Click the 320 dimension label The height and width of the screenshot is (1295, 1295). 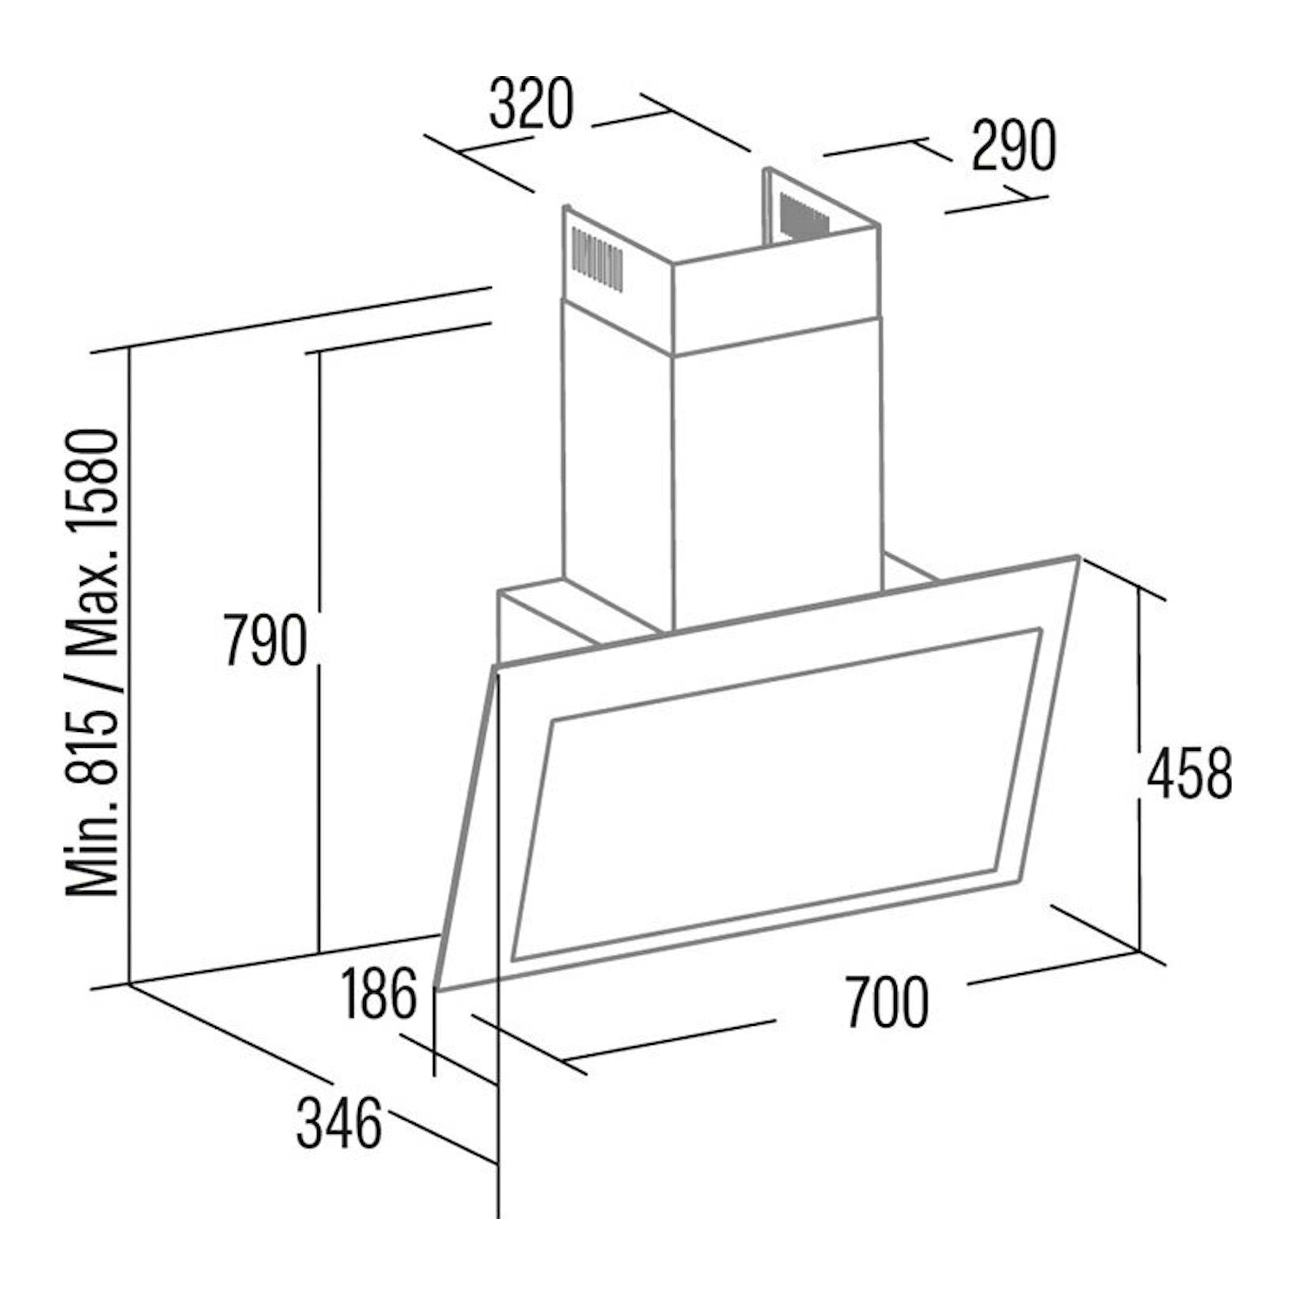coord(531,104)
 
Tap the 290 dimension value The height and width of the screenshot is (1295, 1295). coord(1014,145)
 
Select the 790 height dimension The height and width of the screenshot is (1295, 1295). coord(266,640)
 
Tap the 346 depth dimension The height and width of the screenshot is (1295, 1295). coord(339,1122)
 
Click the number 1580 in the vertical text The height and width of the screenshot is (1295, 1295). coord(94,501)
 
